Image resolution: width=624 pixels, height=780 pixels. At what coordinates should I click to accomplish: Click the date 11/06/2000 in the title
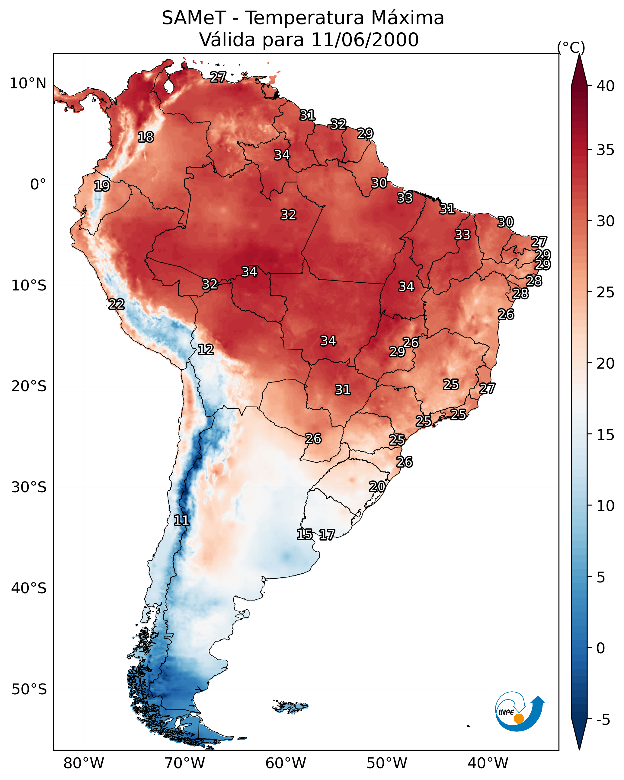pyautogui.click(x=364, y=40)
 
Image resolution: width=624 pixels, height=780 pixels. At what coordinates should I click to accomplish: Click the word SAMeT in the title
pyautogui.click(x=194, y=18)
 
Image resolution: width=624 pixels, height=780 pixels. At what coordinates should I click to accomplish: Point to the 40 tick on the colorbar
pyautogui.click(x=606, y=86)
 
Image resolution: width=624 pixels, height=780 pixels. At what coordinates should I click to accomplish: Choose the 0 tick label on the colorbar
pyautogui.click(x=600, y=648)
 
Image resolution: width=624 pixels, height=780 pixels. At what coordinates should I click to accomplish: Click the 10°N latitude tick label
pyautogui.click(x=28, y=84)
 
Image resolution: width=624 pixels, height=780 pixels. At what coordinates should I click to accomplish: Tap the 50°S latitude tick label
pyautogui.click(x=29, y=690)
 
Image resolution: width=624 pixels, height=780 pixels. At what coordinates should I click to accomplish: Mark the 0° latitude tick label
pyautogui.click(x=38, y=185)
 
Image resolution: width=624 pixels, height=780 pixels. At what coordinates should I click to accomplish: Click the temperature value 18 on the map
pyautogui.click(x=146, y=137)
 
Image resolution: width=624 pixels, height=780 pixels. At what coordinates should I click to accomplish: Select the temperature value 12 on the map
pyautogui.click(x=206, y=350)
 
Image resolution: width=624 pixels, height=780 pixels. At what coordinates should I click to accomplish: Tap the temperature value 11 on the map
pyautogui.click(x=181, y=520)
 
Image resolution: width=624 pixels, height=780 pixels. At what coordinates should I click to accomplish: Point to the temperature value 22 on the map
pyautogui.click(x=117, y=304)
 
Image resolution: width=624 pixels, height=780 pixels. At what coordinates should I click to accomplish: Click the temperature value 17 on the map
pyautogui.click(x=327, y=535)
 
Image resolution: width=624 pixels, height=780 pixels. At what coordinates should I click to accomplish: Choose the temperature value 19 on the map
pyautogui.click(x=102, y=186)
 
